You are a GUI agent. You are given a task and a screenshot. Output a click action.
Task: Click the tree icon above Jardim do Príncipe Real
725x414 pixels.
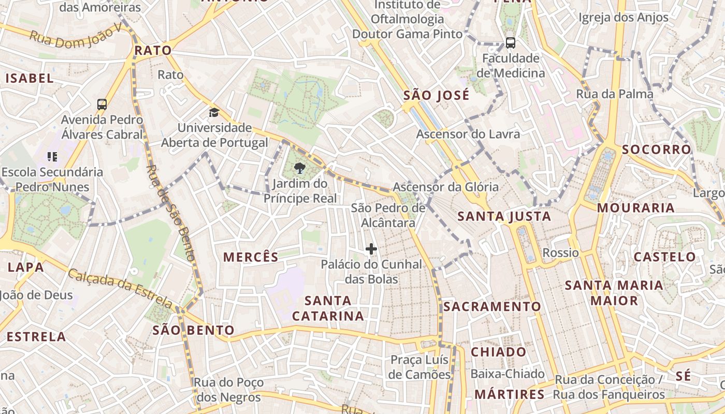299,168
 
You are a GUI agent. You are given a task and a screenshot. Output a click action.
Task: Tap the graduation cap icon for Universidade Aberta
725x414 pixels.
214,112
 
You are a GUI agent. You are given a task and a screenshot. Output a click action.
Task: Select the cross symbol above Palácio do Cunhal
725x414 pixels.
371,249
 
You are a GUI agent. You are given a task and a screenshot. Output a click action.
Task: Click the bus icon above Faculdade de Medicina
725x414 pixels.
510,43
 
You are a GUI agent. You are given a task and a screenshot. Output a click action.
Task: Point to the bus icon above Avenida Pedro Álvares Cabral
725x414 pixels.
102,105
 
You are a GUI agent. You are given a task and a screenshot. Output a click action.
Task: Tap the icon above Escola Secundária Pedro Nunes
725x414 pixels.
52,156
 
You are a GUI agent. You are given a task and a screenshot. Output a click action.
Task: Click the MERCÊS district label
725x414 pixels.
251,257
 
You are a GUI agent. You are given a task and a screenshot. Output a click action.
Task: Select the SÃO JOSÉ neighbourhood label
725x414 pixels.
436,95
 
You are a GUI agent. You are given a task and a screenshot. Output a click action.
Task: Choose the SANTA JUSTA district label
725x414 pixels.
504,216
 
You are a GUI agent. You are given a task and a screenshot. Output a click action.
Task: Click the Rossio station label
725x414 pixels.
560,253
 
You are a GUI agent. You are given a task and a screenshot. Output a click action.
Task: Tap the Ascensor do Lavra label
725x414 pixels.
468,134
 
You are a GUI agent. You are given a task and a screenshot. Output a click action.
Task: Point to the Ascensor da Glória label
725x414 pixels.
445,187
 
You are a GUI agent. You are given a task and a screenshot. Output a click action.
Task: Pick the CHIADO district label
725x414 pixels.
498,352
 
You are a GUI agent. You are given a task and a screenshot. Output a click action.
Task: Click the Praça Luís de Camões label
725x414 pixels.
420,367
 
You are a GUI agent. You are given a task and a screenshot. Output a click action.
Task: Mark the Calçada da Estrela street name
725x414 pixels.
120,288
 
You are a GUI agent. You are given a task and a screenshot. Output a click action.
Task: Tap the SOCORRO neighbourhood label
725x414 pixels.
656,150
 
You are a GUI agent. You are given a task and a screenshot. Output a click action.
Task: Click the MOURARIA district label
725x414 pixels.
635,208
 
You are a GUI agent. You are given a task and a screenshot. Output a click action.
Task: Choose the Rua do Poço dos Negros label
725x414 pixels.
228,390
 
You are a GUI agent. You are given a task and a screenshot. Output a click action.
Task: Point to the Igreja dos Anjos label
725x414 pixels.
624,18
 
